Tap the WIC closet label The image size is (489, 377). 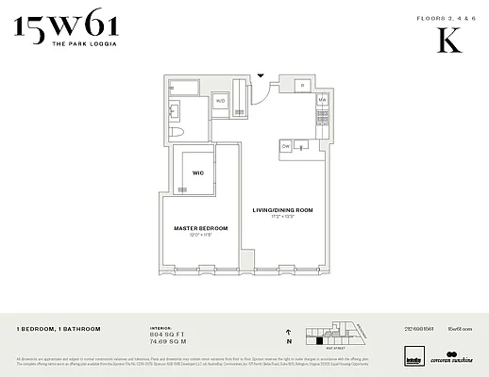click(x=198, y=173)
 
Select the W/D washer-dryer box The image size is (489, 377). click(x=220, y=100)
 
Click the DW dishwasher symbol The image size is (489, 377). click(x=286, y=146)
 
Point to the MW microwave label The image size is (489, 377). click(x=321, y=99)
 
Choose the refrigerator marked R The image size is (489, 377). click(x=302, y=86)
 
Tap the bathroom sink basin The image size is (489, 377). click(x=176, y=108)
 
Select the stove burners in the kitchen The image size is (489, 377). click(x=321, y=117)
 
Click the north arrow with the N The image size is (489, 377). click(x=287, y=336)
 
